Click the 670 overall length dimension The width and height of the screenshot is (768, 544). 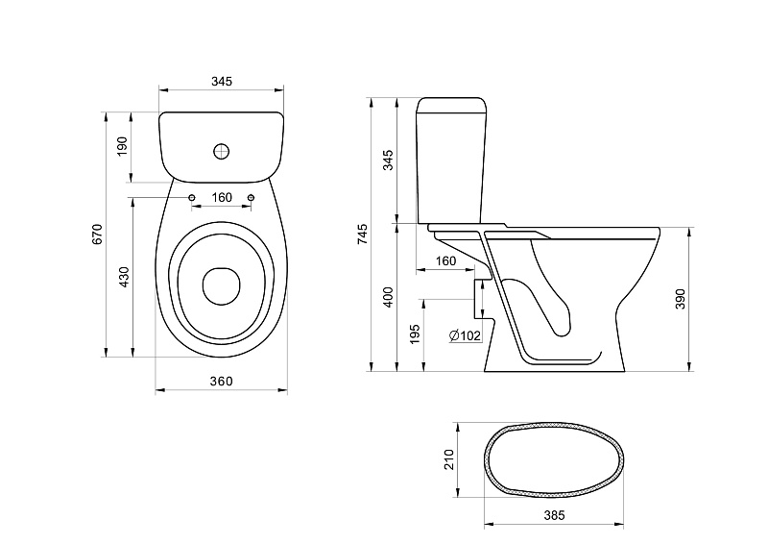point(98,234)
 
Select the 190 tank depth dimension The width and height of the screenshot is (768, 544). point(122,146)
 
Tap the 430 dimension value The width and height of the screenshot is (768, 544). point(124,277)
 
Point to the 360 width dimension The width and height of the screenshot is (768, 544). point(222,382)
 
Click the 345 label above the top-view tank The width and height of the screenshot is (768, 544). point(222,81)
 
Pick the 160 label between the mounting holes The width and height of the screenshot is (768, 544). point(222,197)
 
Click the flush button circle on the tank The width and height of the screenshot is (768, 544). point(222,151)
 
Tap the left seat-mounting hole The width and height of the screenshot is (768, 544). point(191,197)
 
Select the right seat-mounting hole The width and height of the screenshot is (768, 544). point(252,197)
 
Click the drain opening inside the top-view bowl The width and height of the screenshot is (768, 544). point(222,286)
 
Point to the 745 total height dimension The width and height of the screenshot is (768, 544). point(362,234)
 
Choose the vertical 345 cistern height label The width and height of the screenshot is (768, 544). point(388,160)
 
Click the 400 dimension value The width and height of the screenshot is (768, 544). point(388,297)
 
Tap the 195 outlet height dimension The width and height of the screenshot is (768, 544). point(415,334)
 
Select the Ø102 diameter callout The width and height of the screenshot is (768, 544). point(465,335)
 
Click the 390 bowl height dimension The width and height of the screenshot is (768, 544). point(681,299)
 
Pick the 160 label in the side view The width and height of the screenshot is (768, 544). point(445,261)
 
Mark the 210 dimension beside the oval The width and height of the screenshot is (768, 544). point(449,459)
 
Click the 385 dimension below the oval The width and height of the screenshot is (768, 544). point(554,515)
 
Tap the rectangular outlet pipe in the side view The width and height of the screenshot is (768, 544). point(483,298)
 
